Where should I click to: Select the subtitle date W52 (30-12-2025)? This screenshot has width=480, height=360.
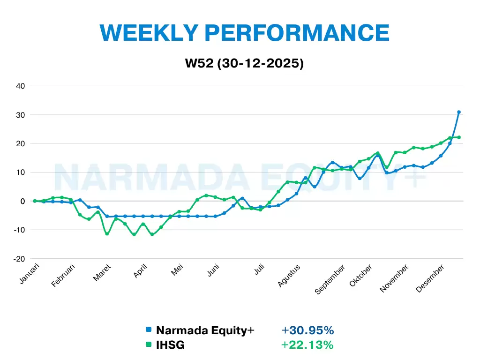(x=244, y=64)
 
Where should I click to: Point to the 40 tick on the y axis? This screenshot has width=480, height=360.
(x=21, y=86)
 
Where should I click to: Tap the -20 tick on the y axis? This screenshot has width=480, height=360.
(x=19, y=259)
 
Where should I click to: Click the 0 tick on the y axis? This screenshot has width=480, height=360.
(x=22, y=201)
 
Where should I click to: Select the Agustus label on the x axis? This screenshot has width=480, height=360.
(x=289, y=276)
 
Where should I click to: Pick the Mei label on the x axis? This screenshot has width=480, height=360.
(x=177, y=270)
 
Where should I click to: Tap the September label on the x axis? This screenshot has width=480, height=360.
(x=330, y=280)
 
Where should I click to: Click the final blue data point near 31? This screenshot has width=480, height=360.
(x=459, y=112)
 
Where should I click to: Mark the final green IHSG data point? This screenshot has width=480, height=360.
(x=459, y=137)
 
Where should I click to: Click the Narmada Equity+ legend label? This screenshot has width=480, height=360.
(x=205, y=330)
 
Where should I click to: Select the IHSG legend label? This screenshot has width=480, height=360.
(x=170, y=345)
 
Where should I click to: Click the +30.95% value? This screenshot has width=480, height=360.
(x=307, y=330)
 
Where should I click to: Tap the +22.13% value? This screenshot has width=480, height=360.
(x=307, y=345)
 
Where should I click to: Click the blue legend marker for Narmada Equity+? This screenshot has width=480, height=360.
(x=149, y=330)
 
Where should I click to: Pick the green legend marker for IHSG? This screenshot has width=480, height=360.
(x=149, y=345)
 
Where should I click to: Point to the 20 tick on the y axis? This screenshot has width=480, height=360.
(x=21, y=143)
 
